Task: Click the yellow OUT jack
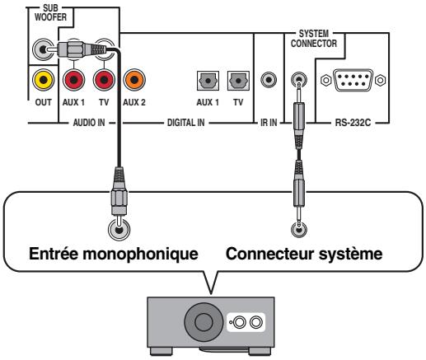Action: coord(43,80)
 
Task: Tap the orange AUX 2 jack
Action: coord(134,80)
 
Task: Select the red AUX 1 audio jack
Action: coord(73,80)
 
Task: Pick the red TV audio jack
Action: coord(104,80)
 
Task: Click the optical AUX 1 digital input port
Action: coord(208,81)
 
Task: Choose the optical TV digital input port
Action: coord(238,81)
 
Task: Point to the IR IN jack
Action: coord(269,80)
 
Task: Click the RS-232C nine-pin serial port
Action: coord(353,80)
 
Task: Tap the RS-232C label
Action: coord(353,123)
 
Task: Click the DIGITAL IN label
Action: coord(186,123)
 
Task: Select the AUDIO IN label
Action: coord(89,123)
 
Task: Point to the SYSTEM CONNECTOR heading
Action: coord(314,39)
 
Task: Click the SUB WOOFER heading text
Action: coord(50,12)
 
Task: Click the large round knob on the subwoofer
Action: coord(204,322)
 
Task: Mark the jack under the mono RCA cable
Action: coord(119,230)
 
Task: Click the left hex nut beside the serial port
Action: coord(326,81)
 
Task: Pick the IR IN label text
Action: coord(269,123)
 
